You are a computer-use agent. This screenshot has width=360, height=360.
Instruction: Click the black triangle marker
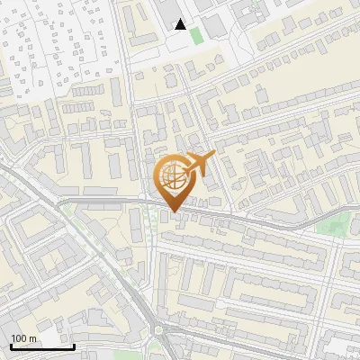click(x=181, y=24)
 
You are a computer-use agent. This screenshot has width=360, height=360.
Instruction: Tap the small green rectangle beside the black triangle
click(x=196, y=34)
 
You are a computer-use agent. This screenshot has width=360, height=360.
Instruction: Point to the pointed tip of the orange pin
click(x=172, y=211)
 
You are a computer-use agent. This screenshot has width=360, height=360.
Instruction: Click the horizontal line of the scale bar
click(x=41, y=346)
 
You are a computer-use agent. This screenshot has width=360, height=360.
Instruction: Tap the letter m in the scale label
click(x=33, y=338)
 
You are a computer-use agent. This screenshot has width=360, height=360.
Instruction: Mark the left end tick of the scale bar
click(x=10, y=345)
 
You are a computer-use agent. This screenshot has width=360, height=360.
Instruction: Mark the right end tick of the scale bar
click(x=74, y=345)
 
